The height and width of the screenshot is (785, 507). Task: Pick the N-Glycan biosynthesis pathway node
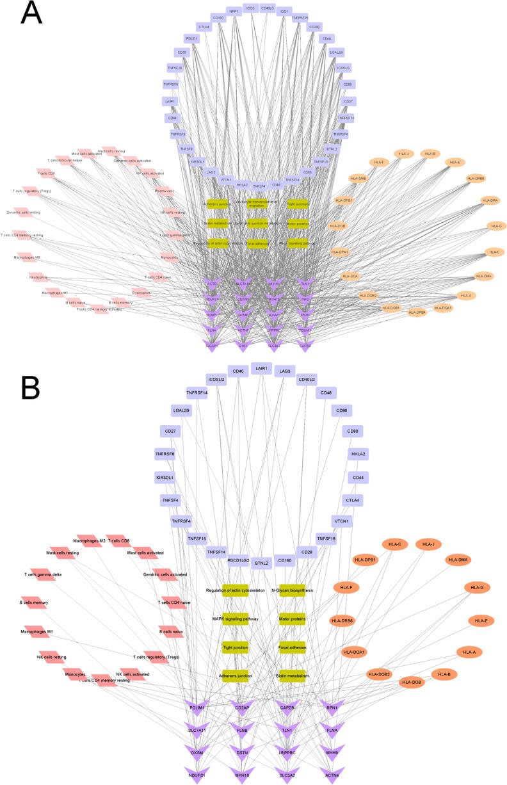point(293,590)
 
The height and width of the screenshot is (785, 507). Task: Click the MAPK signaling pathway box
point(234,619)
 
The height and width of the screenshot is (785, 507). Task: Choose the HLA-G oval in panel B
point(476,587)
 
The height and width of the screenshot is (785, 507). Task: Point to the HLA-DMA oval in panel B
point(458,560)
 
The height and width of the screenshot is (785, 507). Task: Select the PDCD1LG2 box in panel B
point(238,560)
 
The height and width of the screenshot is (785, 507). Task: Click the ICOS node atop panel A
point(250,8)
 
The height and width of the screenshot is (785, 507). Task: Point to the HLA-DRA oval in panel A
point(492,200)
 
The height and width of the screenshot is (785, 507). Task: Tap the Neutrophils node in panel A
point(38,277)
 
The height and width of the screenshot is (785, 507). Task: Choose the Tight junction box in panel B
point(234,647)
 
